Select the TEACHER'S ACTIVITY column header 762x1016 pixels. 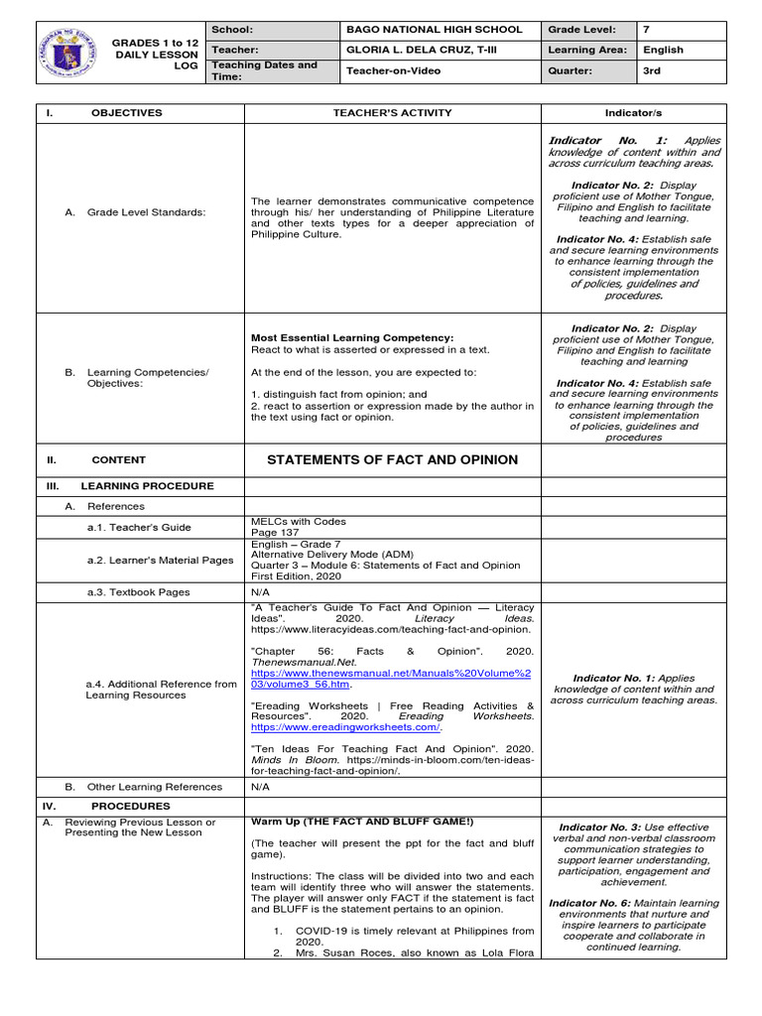392,113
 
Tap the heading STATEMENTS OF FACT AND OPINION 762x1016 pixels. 392,459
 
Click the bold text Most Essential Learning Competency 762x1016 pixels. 352,337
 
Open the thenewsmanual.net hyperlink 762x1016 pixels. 392,678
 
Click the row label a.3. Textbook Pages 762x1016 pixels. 138,592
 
